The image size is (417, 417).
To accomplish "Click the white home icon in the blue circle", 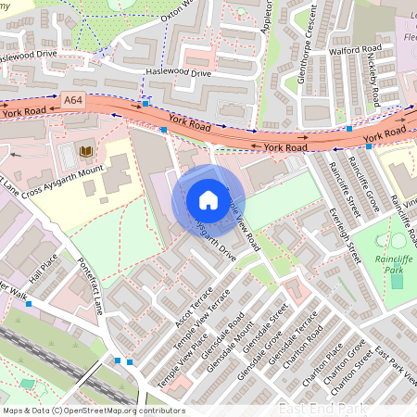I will point(208,200).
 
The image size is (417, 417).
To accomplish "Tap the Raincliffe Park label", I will point(397,265).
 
